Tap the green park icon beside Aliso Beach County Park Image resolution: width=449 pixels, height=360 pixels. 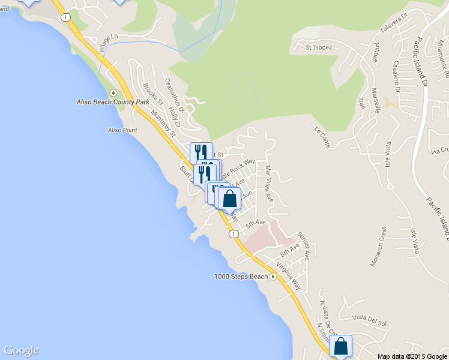click(x=113, y=93)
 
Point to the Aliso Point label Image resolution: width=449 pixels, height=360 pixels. click(x=122, y=130)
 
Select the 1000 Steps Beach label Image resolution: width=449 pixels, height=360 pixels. click(x=241, y=277)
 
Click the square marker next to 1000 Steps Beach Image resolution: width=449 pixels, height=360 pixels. click(x=273, y=277)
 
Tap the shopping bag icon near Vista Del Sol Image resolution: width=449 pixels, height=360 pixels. click(x=341, y=346)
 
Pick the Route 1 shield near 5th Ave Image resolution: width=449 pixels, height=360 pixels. click(x=232, y=234)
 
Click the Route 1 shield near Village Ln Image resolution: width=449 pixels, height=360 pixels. click(x=63, y=17)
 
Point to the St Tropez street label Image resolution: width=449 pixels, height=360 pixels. click(x=318, y=47)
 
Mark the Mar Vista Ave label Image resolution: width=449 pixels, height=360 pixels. click(x=268, y=183)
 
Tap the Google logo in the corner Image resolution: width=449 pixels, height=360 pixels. click(x=21, y=351)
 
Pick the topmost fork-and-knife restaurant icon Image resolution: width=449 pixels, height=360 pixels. click(x=201, y=152)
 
